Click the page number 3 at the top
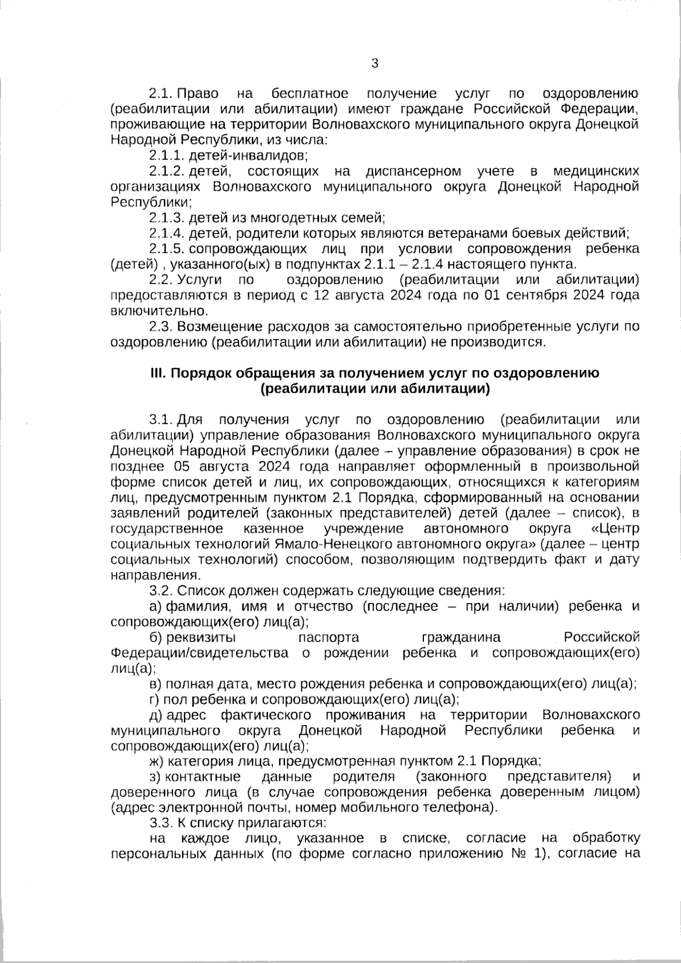point(374,63)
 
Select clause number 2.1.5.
point(167,249)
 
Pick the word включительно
point(157,311)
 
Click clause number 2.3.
point(160,326)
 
